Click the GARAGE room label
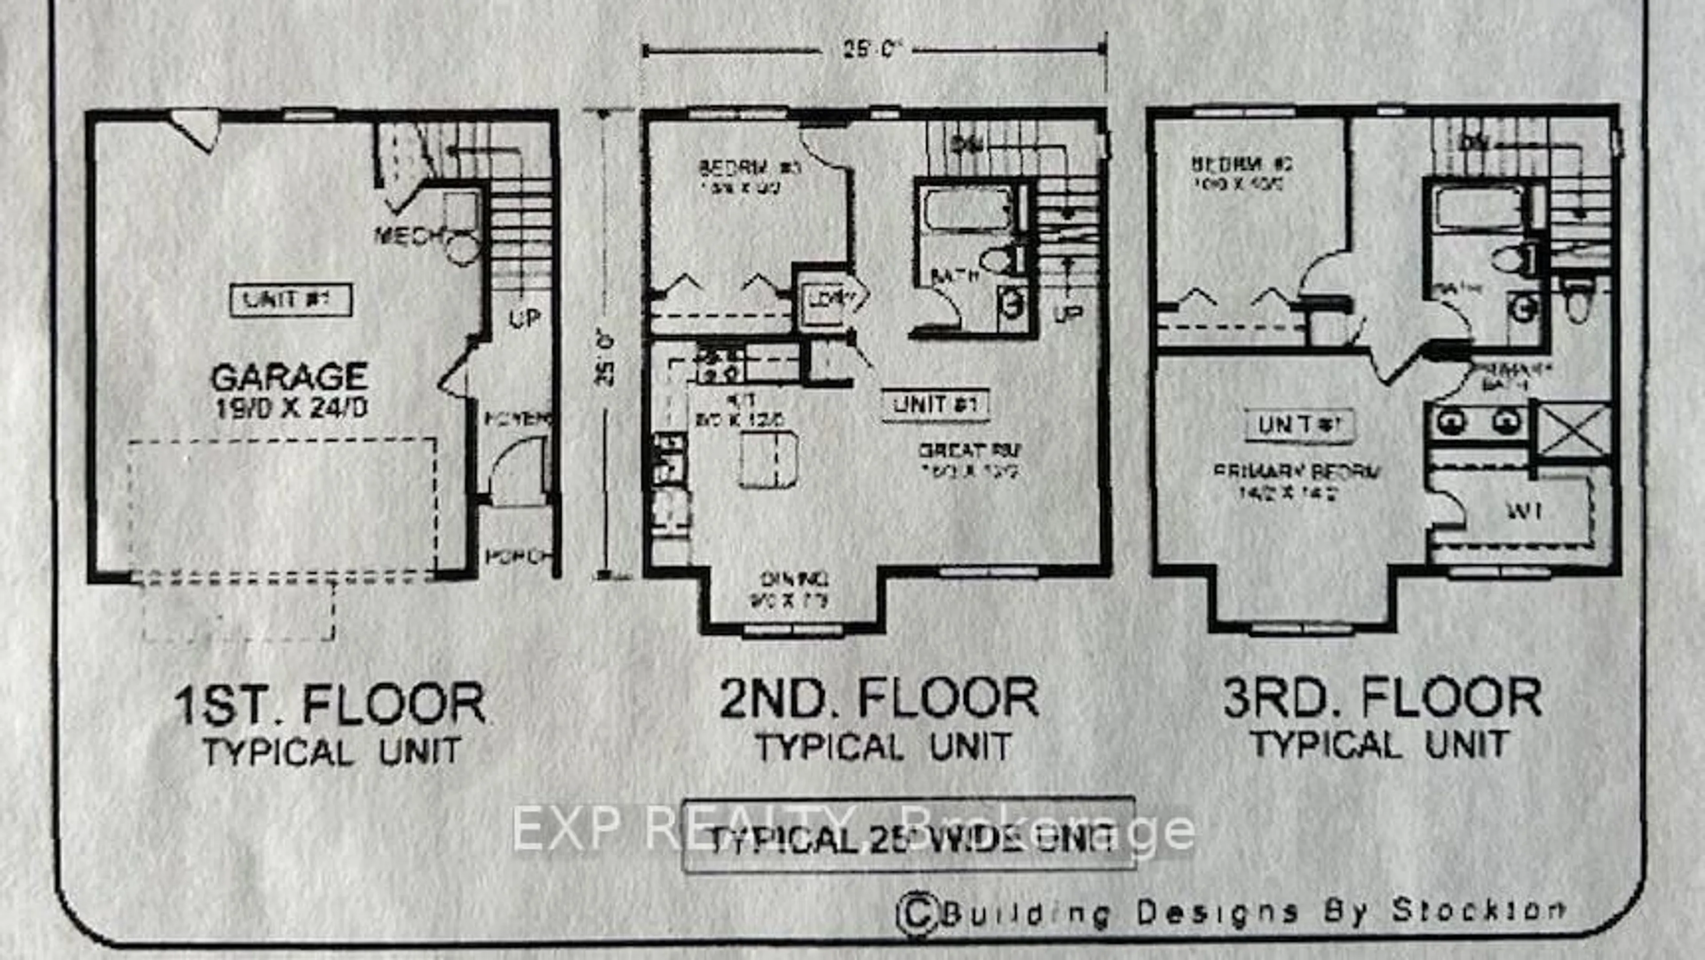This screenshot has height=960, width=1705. (289, 377)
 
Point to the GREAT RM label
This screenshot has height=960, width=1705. (970, 451)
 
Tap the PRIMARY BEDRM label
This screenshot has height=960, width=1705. (1297, 472)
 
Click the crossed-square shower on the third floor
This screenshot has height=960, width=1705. (1573, 430)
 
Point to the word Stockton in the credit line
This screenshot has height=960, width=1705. (1477, 910)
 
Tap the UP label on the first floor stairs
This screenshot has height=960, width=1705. (525, 319)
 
